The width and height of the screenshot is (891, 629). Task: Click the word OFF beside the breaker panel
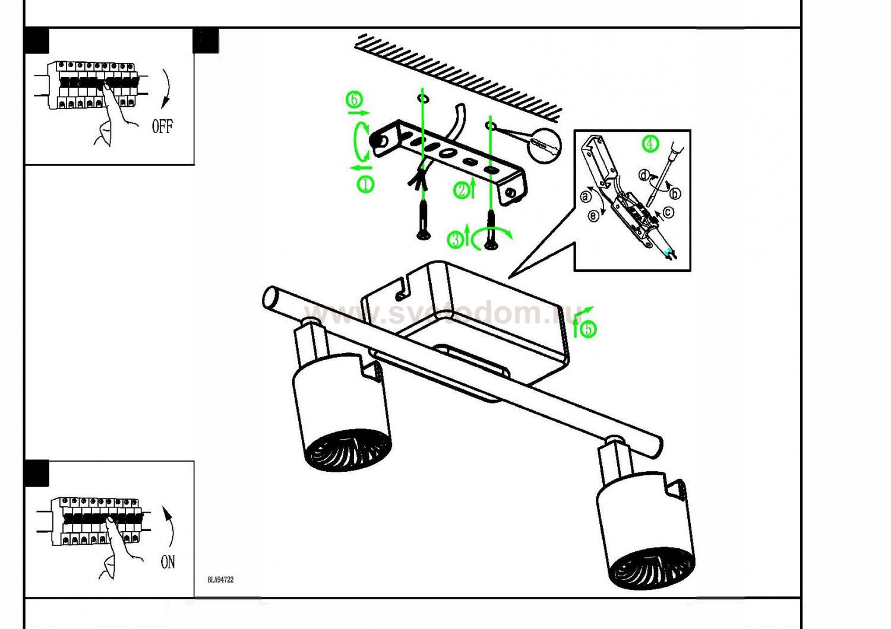coord(162,126)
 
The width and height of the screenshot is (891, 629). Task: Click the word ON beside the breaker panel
coord(168,561)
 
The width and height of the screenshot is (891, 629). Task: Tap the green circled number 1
coord(365,184)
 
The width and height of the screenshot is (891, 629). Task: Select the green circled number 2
coord(462,190)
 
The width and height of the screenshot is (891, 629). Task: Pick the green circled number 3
coord(455,239)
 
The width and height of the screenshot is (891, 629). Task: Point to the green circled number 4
coord(652,144)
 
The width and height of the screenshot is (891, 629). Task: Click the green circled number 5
coord(588,328)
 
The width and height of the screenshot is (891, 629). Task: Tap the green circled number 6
coord(355,100)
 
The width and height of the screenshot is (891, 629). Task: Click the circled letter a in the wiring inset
coord(587,196)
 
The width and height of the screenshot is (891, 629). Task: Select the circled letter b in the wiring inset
coord(674,193)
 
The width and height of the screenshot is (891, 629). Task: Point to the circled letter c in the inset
coord(668,212)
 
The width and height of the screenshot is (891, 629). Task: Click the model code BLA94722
coord(220,580)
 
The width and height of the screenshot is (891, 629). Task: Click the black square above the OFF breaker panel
coord(37,41)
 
